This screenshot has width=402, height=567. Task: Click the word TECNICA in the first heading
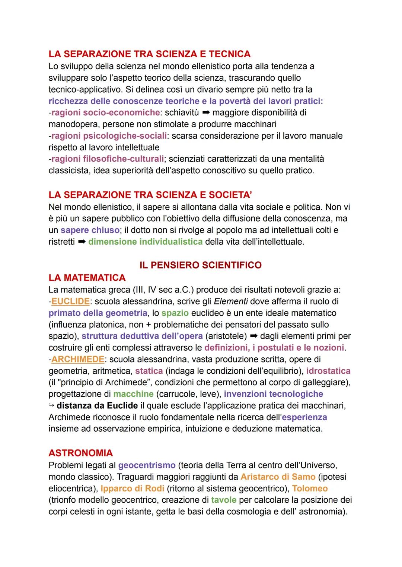pos(229,54)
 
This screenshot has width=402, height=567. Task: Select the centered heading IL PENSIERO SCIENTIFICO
pos(200,265)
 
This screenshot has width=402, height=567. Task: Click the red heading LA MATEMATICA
pos(87,278)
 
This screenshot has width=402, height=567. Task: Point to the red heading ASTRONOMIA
pos(80,453)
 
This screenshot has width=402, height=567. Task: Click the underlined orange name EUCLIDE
pos(70,301)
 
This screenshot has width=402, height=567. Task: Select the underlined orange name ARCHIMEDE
pos(77,360)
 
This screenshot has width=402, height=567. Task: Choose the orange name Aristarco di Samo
pos(278,477)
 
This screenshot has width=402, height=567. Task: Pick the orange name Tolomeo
pos(310,489)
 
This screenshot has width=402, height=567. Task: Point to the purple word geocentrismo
pos(147,465)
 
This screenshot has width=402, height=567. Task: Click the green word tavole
pos(223,500)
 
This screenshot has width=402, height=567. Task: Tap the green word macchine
pos(133,394)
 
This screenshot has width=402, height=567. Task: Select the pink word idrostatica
pos(328,371)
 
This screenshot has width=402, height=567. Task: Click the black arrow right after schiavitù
pos(206,113)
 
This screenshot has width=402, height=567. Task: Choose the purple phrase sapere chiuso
pos(90,230)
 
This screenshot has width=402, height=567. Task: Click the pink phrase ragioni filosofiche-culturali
pos(108,159)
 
